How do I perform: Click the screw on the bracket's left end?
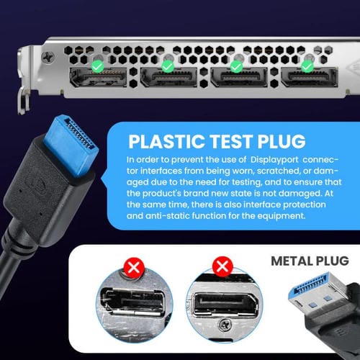[x=48, y=56]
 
